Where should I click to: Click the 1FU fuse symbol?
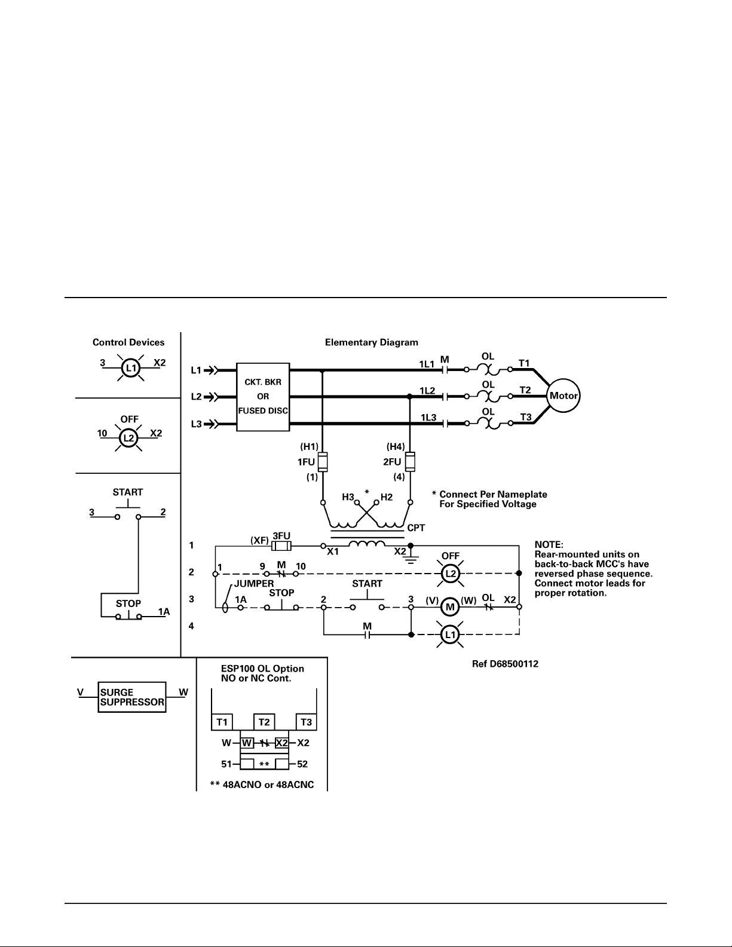point(323,462)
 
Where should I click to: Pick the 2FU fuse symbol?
point(410,462)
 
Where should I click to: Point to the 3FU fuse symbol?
point(281,545)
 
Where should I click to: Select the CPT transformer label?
point(416,528)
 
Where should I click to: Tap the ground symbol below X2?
point(410,558)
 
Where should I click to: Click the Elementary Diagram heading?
point(371,342)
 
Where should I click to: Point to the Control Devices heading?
point(128,342)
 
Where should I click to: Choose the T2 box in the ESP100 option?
point(264,722)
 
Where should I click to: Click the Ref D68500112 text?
point(505,664)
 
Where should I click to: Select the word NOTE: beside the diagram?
point(549,545)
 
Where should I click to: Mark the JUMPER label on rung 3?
point(254,584)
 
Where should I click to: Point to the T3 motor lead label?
point(526,417)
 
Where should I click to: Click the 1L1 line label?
point(427,364)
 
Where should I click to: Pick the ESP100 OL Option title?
point(262,669)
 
